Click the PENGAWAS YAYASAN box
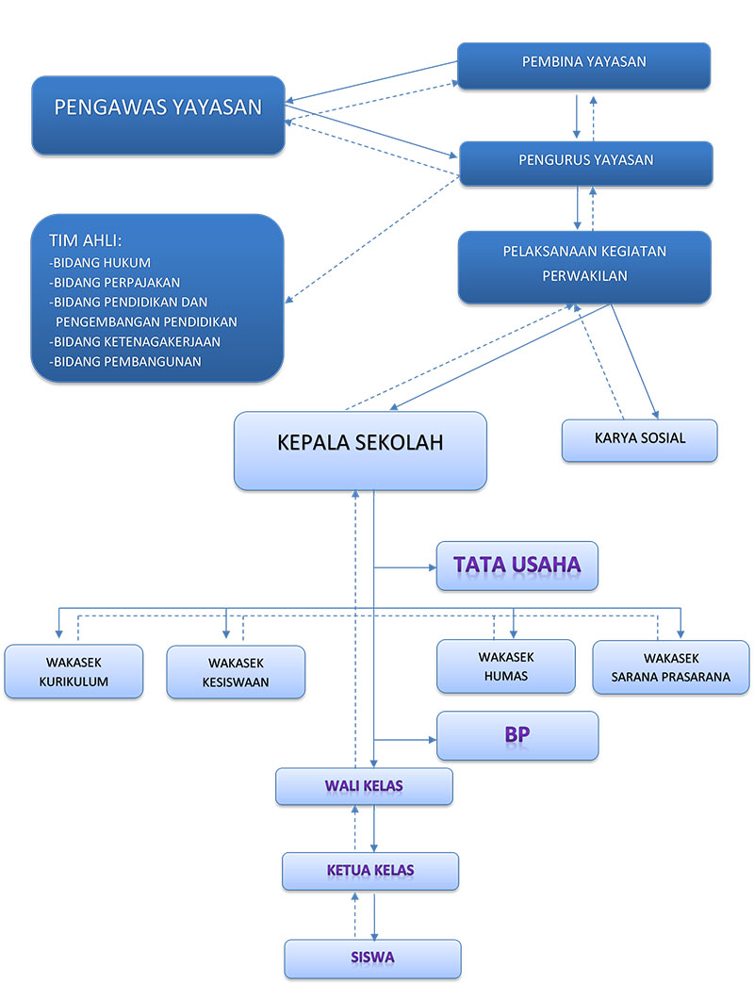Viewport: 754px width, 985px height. pos(157,115)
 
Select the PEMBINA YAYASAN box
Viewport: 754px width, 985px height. pos(583,64)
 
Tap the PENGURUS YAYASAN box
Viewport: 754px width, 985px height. pos(585,162)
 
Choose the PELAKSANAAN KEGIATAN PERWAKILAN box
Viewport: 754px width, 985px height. pos(584,266)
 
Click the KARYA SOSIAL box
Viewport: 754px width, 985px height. pos(639,439)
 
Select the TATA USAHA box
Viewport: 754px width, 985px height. pos(516,566)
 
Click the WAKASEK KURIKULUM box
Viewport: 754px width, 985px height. pos(74,671)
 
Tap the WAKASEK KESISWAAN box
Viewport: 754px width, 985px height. pos(236,672)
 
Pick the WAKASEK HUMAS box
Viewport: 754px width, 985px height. pos(505,665)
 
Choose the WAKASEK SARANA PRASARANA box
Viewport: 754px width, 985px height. pos(670,667)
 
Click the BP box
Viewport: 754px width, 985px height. pos(516,735)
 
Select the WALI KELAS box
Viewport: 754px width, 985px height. pos(364,786)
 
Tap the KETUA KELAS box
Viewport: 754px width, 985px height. pos(369,871)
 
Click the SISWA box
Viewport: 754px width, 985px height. pos(372,959)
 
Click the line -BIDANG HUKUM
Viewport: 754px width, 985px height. pos(100,262)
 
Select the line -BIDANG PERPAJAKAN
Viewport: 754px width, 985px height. pos(114,282)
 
